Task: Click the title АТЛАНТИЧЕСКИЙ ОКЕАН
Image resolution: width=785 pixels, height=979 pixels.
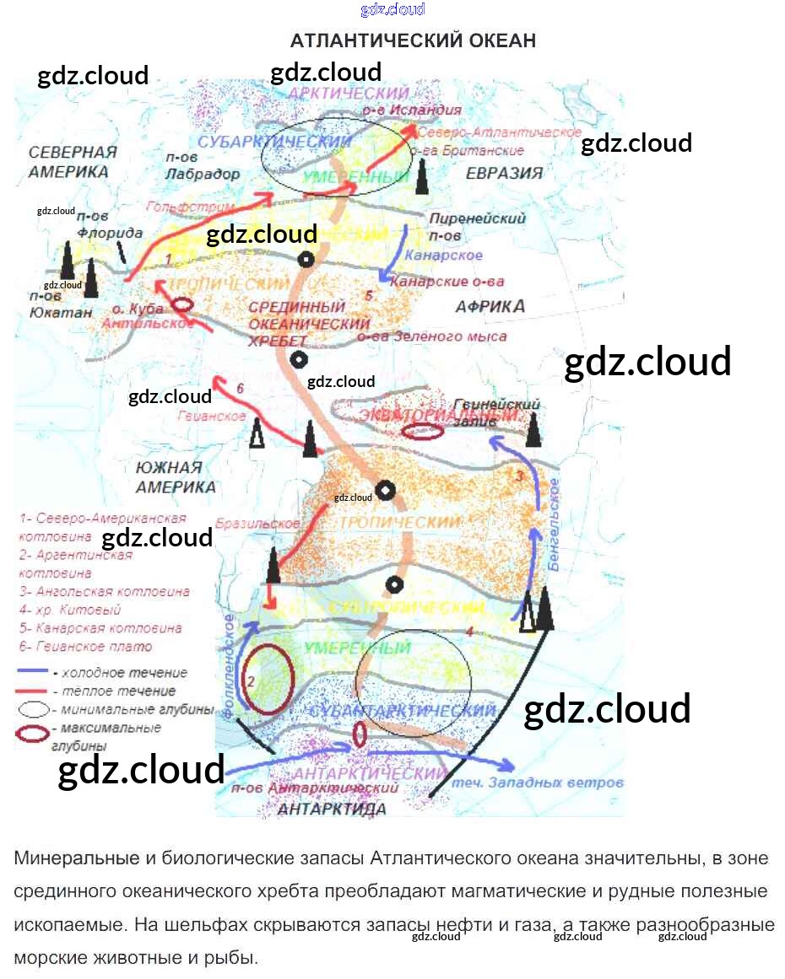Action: [413, 41]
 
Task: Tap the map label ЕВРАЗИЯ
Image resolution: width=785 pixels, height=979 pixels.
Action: [503, 173]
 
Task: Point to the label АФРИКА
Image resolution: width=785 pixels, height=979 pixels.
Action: [490, 306]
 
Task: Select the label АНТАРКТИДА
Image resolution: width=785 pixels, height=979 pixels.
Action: [332, 810]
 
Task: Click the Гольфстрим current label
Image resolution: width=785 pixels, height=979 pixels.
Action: [178, 207]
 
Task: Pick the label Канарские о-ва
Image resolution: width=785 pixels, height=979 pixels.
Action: [447, 281]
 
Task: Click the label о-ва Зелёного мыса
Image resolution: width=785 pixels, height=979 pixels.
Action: [432, 336]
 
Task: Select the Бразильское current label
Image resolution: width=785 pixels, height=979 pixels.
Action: [257, 524]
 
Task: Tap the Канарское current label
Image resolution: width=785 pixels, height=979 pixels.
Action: [443, 256]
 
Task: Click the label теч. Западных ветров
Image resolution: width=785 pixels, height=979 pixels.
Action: [538, 783]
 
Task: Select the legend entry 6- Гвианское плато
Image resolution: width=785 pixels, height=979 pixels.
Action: [85, 647]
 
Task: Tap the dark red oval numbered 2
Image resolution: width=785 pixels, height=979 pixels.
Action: [267, 679]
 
